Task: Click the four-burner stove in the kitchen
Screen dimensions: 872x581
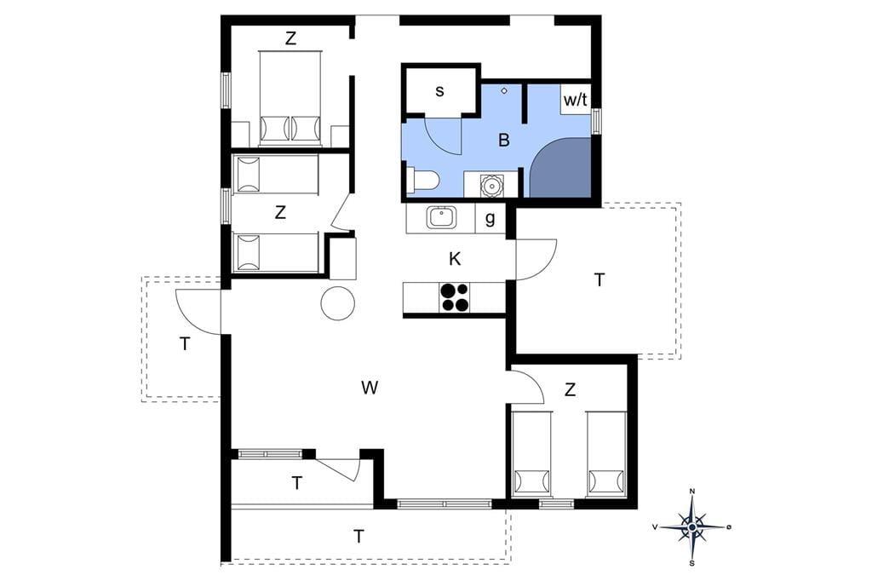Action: (x=455, y=297)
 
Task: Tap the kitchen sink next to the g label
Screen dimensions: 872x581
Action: (x=442, y=217)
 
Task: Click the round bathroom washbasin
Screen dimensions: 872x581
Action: (x=491, y=184)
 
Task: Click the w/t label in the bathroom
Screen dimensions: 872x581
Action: (x=575, y=101)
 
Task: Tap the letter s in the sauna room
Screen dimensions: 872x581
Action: (x=440, y=91)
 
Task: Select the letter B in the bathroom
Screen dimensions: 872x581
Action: (x=504, y=140)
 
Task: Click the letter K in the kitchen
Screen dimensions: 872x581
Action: (x=455, y=259)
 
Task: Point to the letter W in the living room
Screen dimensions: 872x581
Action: (x=370, y=388)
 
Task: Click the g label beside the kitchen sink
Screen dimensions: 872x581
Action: (x=490, y=218)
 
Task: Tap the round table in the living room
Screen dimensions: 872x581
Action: (x=338, y=303)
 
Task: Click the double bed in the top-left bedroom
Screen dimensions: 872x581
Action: (x=290, y=98)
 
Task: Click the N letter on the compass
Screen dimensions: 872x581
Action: (x=692, y=491)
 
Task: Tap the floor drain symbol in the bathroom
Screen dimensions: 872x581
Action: (x=504, y=90)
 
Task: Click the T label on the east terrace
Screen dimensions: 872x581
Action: (x=599, y=280)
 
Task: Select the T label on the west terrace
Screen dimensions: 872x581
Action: (x=185, y=344)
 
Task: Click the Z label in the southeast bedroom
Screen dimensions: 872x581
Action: (x=570, y=390)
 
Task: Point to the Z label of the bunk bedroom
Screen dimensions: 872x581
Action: (x=280, y=212)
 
